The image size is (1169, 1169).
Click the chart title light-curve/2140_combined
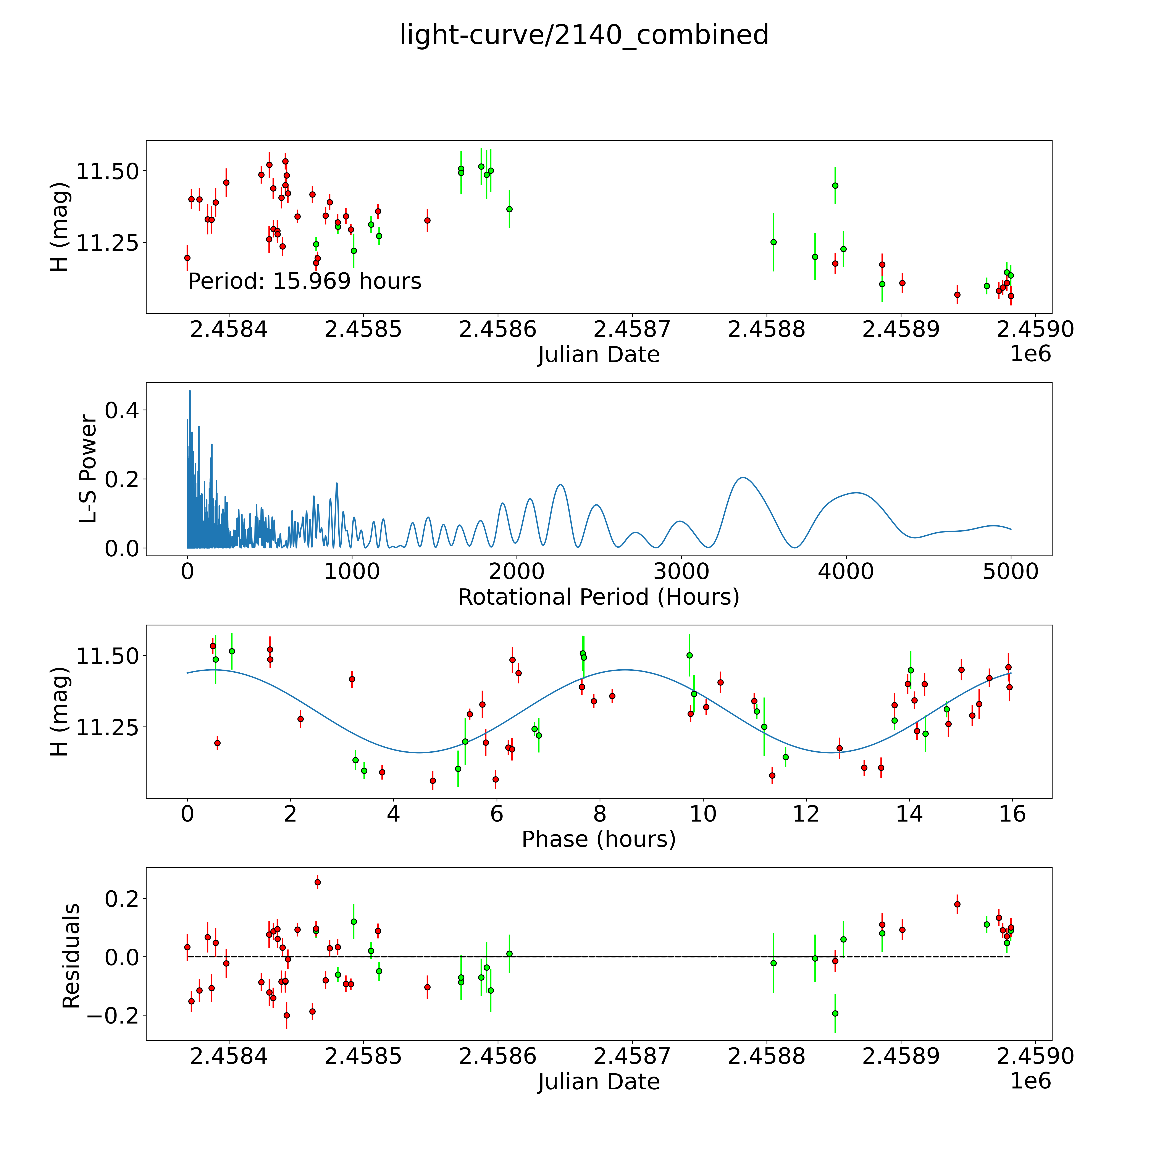coord(584,35)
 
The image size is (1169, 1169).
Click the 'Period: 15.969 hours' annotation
coord(304,281)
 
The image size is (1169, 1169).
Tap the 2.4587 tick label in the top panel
coord(632,330)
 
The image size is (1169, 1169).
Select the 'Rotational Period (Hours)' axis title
coord(598,597)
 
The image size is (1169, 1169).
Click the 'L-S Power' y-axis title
coord(88,469)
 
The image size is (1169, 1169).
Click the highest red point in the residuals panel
coord(318,882)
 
